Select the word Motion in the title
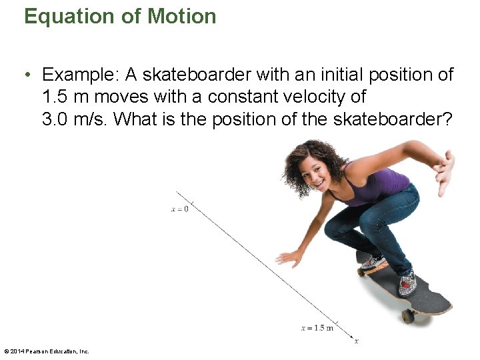pyautogui.click(x=181, y=16)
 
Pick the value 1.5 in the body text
pyautogui.click(x=55, y=97)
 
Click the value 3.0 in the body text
pyautogui.click(x=55, y=119)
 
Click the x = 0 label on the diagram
pyautogui.click(x=179, y=209)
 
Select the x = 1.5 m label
pyautogui.click(x=317, y=327)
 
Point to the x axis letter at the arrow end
pyautogui.click(x=357, y=341)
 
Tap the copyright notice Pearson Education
pyautogui.click(x=47, y=351)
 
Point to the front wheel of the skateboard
pyautogui.click(x=407, y=316)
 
